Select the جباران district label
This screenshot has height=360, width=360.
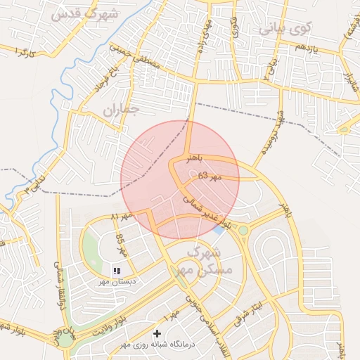coord(120,109)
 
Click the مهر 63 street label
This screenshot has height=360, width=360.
coord(209,176)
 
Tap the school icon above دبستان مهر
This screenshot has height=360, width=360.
coord(117,269)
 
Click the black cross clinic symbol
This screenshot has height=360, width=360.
coord(157,332)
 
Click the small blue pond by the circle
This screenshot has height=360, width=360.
coord(219,229)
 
